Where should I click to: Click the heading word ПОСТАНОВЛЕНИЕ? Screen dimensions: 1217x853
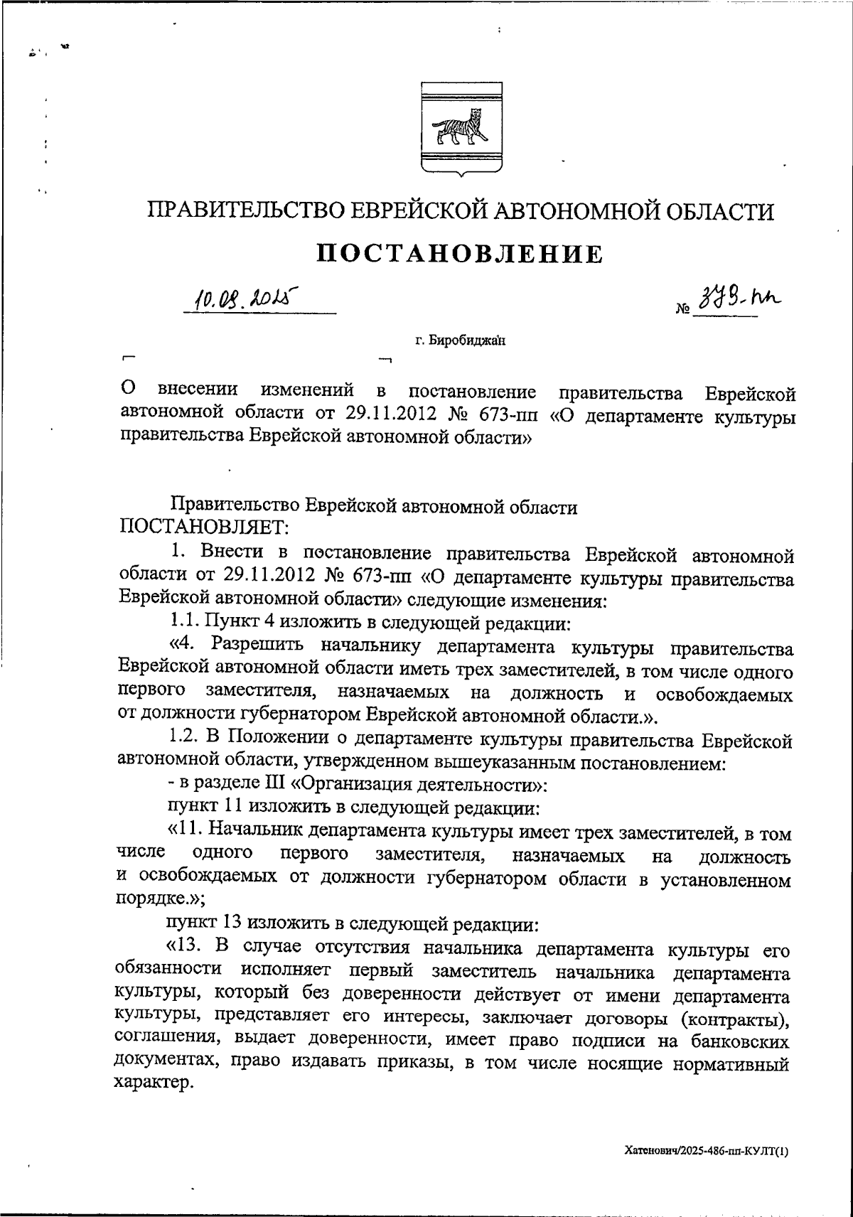[x=459, y=253]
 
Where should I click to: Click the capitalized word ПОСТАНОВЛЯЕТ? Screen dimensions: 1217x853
[x=204, y=527]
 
